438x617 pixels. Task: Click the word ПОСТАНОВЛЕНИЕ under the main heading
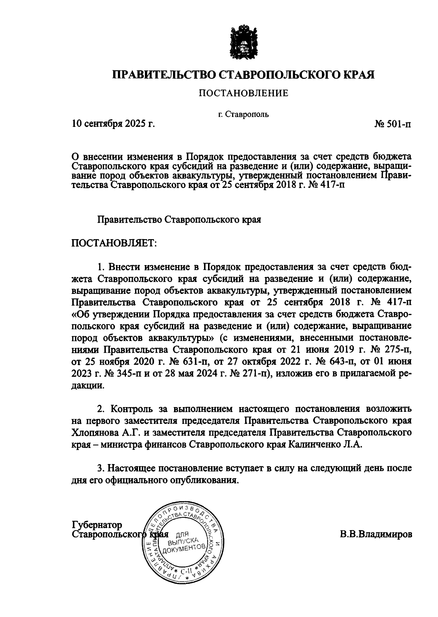pos(243,93)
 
